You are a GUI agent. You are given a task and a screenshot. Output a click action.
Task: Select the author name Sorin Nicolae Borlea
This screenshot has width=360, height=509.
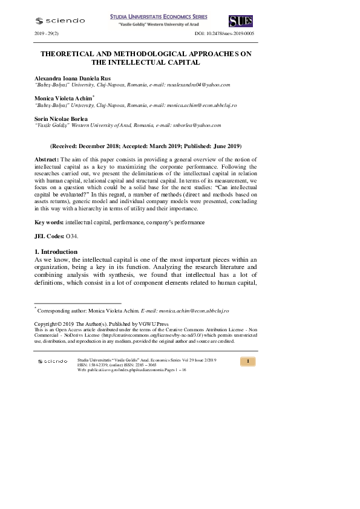[x=62, y=118]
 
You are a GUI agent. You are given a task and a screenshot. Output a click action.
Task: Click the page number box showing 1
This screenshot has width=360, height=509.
[x=248, y=361]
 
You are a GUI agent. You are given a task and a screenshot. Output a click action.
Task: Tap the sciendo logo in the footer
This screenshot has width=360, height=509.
[x=53, y=361]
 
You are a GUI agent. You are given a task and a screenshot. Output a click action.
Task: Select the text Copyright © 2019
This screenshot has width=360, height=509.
[x=56, y=324]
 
